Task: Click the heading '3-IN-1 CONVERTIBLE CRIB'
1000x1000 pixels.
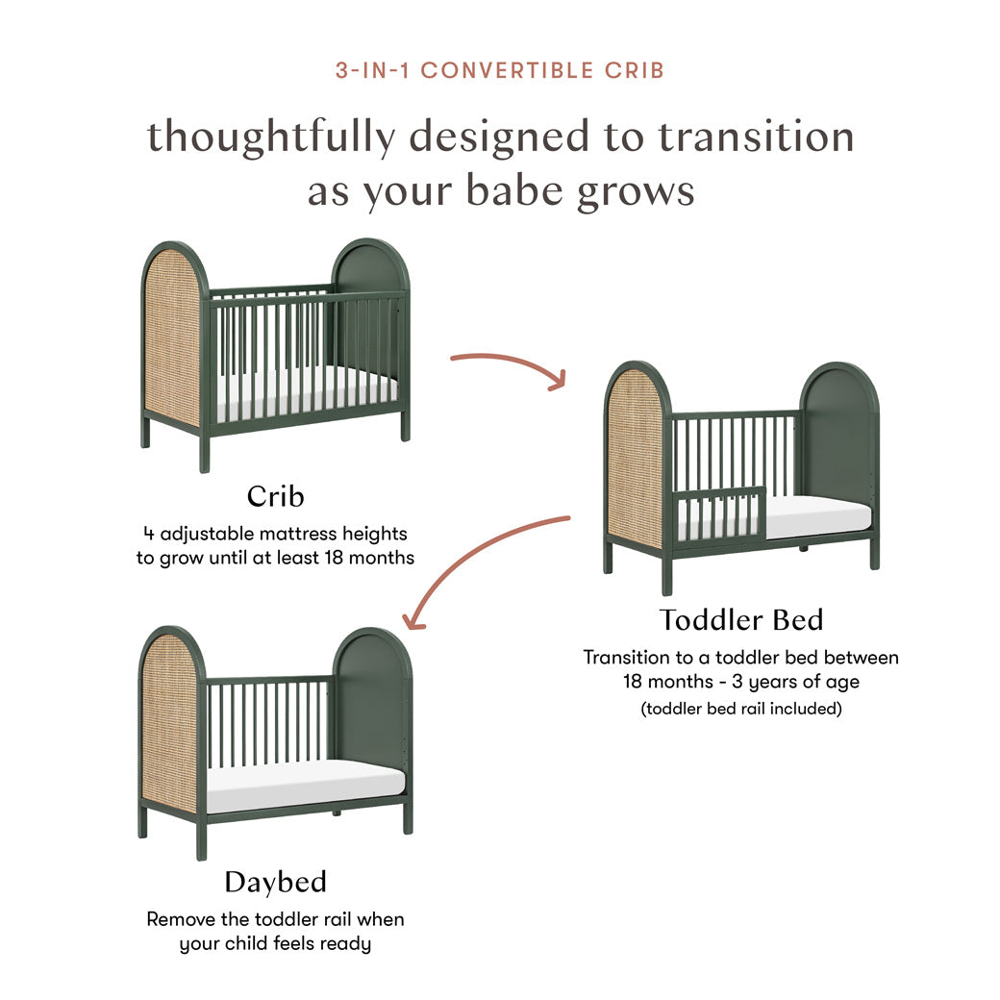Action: click(499, 70)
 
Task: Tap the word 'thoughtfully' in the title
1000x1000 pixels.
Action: click(270, 137)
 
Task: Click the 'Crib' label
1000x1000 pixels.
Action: click(275, 496)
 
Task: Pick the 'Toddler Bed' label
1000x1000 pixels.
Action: click(740, 619)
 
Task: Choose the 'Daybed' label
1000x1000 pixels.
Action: click(275, 882)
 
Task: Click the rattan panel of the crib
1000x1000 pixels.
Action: click(172, 337)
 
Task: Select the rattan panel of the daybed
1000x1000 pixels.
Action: click(169, 721)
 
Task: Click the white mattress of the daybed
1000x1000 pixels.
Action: click(306, 784)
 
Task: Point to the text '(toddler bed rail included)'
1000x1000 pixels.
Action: click(740, 709)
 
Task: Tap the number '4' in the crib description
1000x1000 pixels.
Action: click(147, 534)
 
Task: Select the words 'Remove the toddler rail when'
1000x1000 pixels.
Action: click(275, 919)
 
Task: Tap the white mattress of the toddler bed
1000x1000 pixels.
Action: click(817, 517)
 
